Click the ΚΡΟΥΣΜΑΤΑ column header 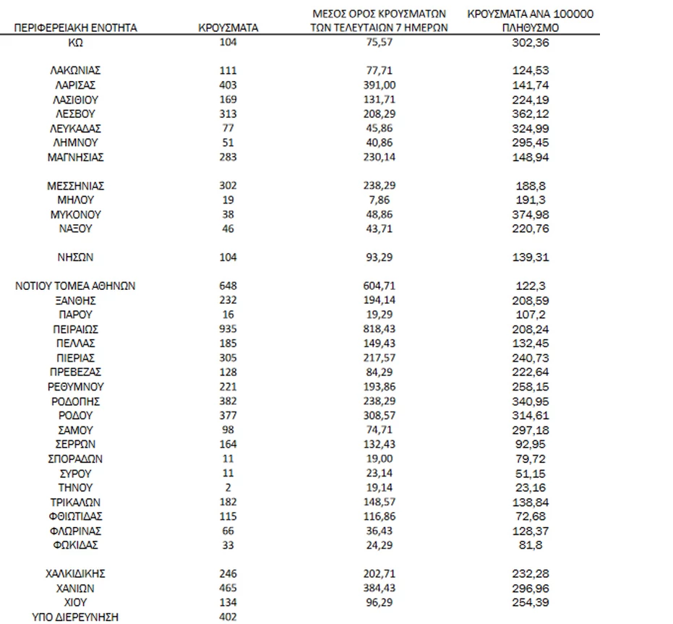pyautogui.click(x=228, y=28)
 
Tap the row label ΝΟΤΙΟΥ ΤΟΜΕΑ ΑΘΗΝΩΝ pyautogui.click(x=75, y=286)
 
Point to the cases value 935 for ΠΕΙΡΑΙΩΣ pyautogui.click(x=228, y=329)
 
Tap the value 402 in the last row pyautogui.click(x=228, y=617)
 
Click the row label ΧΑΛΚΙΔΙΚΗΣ pyautogui.click(x=75, y=573)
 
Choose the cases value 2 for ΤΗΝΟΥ pyautogui.click(x=228, y=487)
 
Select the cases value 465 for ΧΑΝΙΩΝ pyautogui.click(x=228, y=589)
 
